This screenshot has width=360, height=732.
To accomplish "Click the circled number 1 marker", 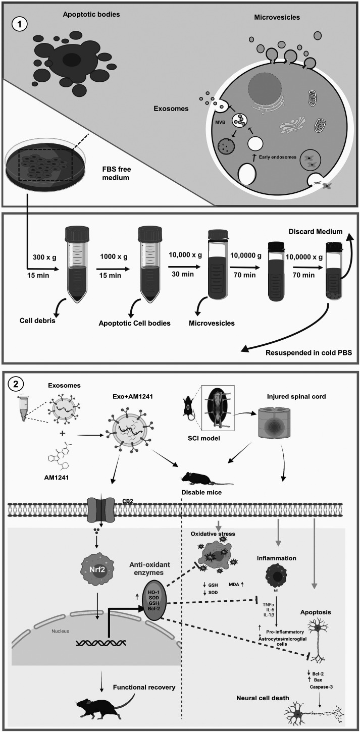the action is click(x=20, y=25).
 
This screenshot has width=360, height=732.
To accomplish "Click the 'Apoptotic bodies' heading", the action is click(x=91, y=14).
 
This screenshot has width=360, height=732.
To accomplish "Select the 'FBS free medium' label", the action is click(x=117, y=174).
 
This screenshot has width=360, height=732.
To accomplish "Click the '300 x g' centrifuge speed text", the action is click(x=44, y=257).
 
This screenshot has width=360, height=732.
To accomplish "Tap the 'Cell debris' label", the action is click(x=37, y=321).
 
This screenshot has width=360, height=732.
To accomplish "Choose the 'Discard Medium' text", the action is click(x=316, y=232).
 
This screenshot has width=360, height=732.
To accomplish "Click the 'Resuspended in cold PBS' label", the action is click(x=308, y=353).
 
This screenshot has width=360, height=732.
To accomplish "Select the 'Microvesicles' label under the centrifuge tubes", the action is click(x=212, y=323).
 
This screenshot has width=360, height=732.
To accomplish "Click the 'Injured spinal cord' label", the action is click(x=296, y=397).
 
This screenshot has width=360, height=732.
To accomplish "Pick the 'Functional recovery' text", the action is click(x=144, y=687).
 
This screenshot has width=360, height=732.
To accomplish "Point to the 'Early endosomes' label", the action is click(x=278, y=157).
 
